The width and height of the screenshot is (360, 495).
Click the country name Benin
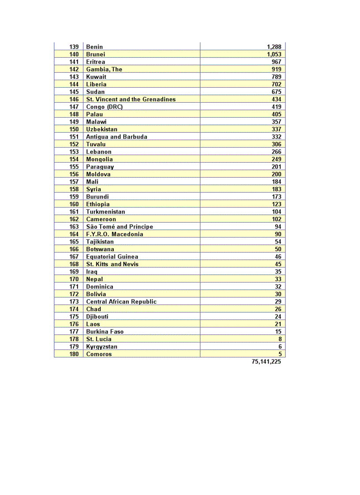coord(94,47)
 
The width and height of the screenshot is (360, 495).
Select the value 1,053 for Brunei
coord(274,54)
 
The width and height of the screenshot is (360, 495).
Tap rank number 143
coord(74,77)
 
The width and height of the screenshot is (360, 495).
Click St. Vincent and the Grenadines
coord(131,99)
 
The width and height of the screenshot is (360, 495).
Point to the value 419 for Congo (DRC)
coord(277,107)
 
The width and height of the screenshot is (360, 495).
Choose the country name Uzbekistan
coord(101,129)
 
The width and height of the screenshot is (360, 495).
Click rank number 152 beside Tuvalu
coord(74,144)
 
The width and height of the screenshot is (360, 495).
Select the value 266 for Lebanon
coord(277,152)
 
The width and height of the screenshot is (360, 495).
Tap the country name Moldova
coord(98,174)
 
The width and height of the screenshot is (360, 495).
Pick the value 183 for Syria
coord(277,189)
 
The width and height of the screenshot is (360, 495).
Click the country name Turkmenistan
coord(105,212)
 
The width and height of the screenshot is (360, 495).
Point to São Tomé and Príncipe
coord(120,227)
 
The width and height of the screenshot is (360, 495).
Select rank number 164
coord(74,234)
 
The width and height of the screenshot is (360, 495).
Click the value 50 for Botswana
coord(278,249)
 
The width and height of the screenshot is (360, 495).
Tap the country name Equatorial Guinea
coord(112,257)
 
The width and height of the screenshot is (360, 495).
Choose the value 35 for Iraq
coord(278,272)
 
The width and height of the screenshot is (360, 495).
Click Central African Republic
coord(121,301)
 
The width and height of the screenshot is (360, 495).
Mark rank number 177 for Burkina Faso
coord(74,331)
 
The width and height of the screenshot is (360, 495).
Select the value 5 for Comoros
coord(280,354)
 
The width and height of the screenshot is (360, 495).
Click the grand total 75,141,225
coord(266,361)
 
